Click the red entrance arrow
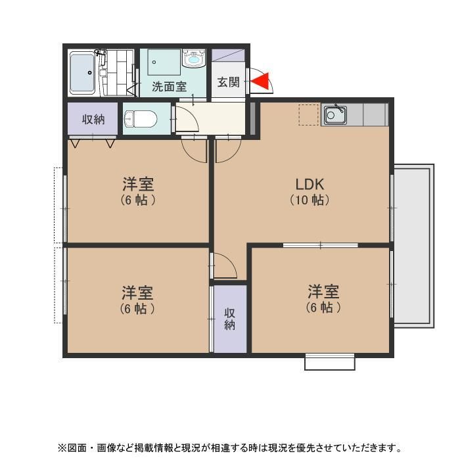point(262,81)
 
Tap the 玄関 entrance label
point(228,82)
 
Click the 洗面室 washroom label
point(170,87)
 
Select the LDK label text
point(310,185)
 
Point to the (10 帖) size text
point(310,200)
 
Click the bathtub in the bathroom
point(82,73)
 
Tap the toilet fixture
point(140,119)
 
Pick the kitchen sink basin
point(335,114)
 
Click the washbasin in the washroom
point(193,58)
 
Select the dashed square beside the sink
point(309,115)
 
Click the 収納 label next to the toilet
point(93,119)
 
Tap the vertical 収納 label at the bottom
point(230,319)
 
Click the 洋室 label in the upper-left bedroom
point(138,184)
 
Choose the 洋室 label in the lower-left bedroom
point(137,292)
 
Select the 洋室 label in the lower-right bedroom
point(323,291)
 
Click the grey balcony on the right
point(413,246)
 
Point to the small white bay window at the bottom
point(330,362)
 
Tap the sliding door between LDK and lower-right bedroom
point(321,245)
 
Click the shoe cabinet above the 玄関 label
point(228,55)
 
